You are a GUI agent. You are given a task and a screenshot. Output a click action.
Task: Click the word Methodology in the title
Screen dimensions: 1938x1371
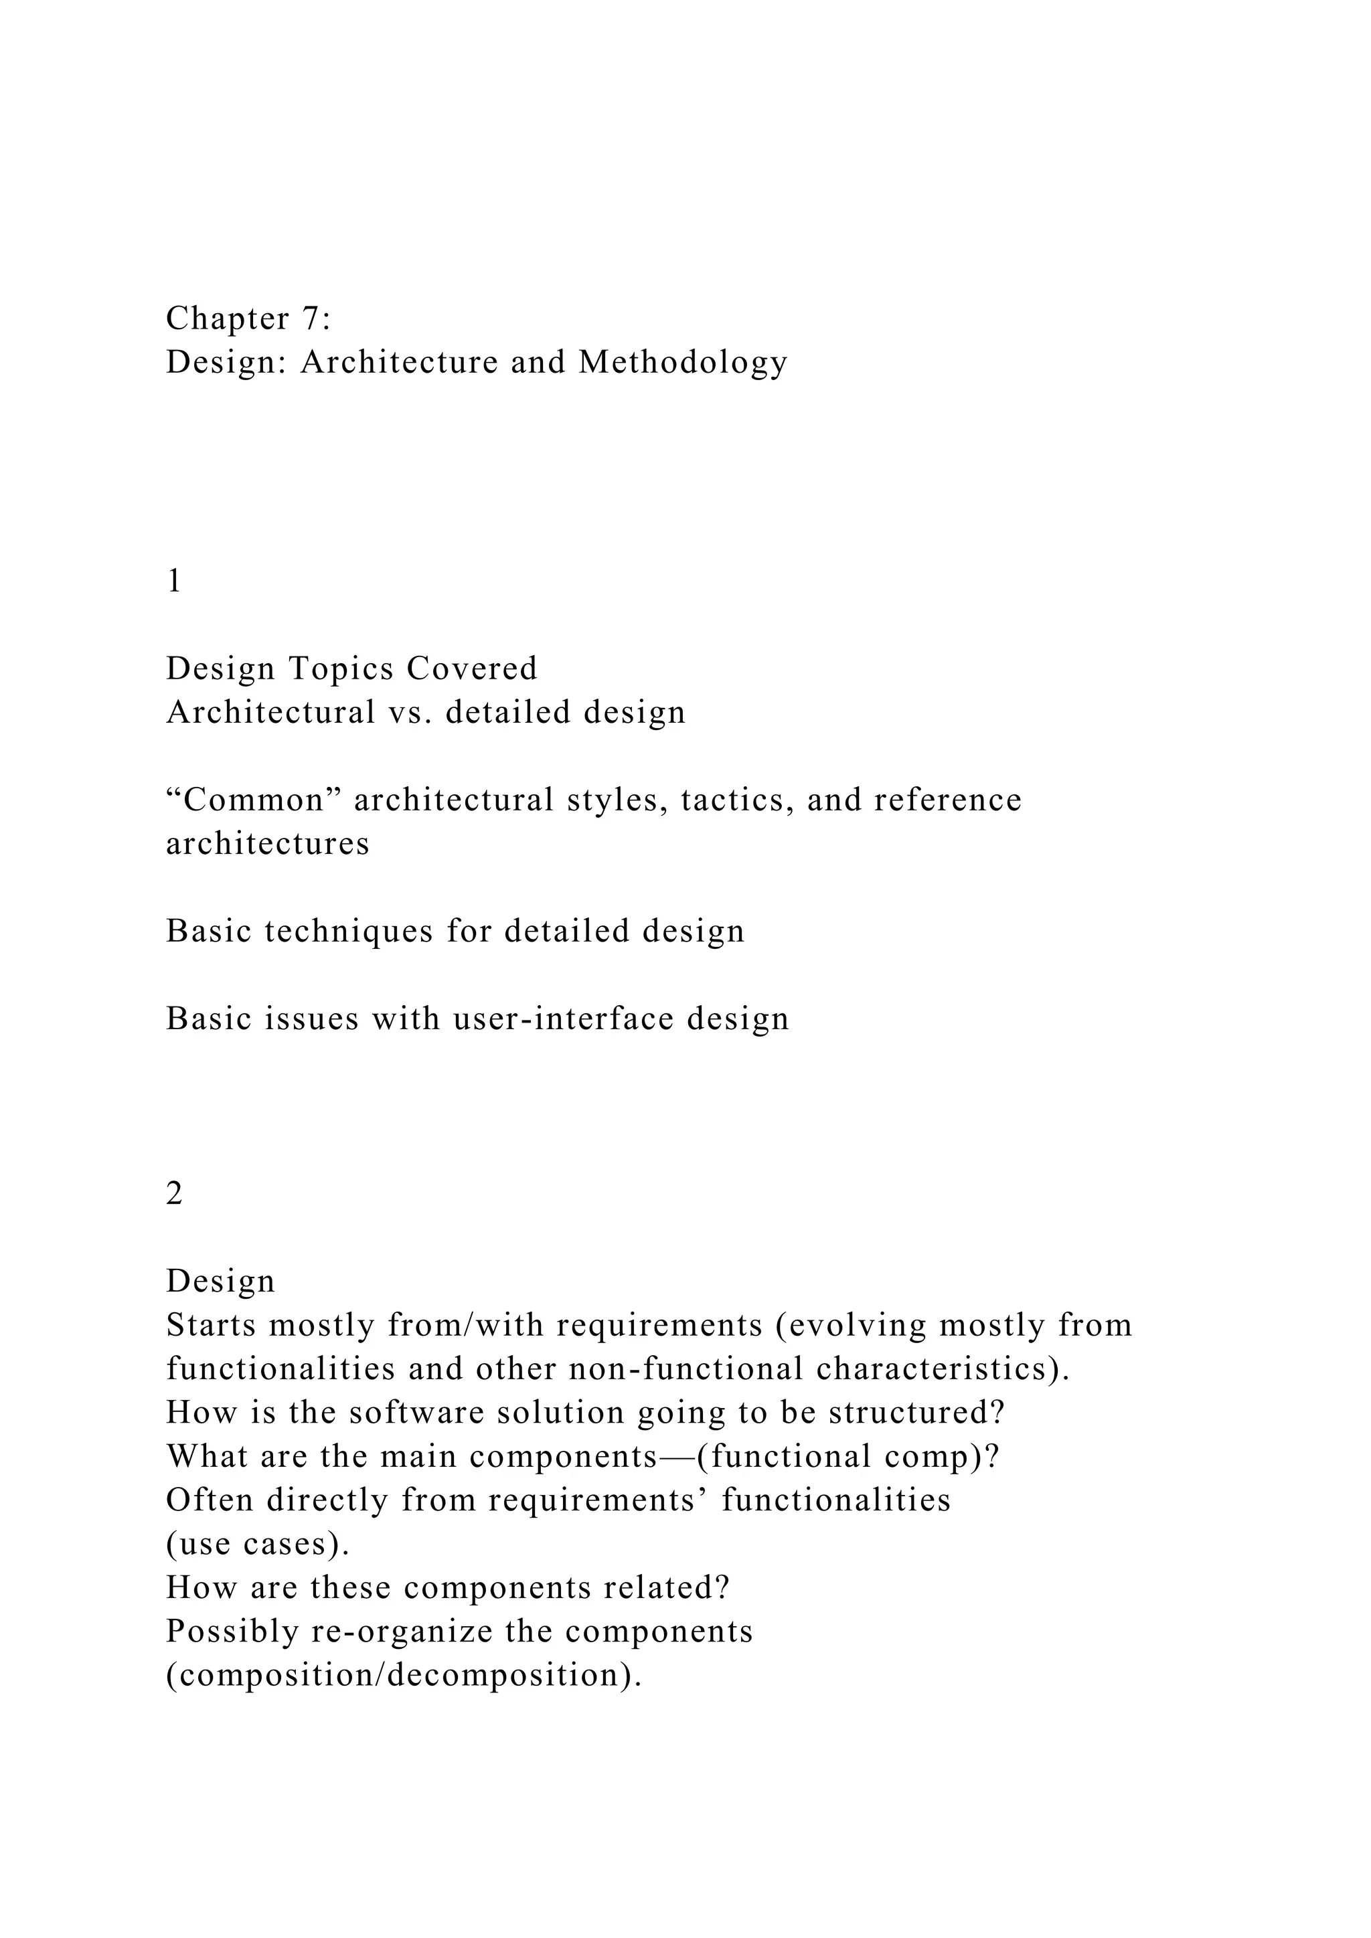tap(683, 363)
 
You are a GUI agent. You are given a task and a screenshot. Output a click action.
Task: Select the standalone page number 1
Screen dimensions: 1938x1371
tap(174, 582)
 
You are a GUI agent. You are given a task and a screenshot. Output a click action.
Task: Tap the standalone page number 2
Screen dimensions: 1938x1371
tap(174, 1194)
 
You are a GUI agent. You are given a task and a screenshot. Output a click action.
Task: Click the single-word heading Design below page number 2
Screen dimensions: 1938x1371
tap(220, 1282)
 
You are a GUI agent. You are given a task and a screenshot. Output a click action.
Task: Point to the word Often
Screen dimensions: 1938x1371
tap(210, 1500)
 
